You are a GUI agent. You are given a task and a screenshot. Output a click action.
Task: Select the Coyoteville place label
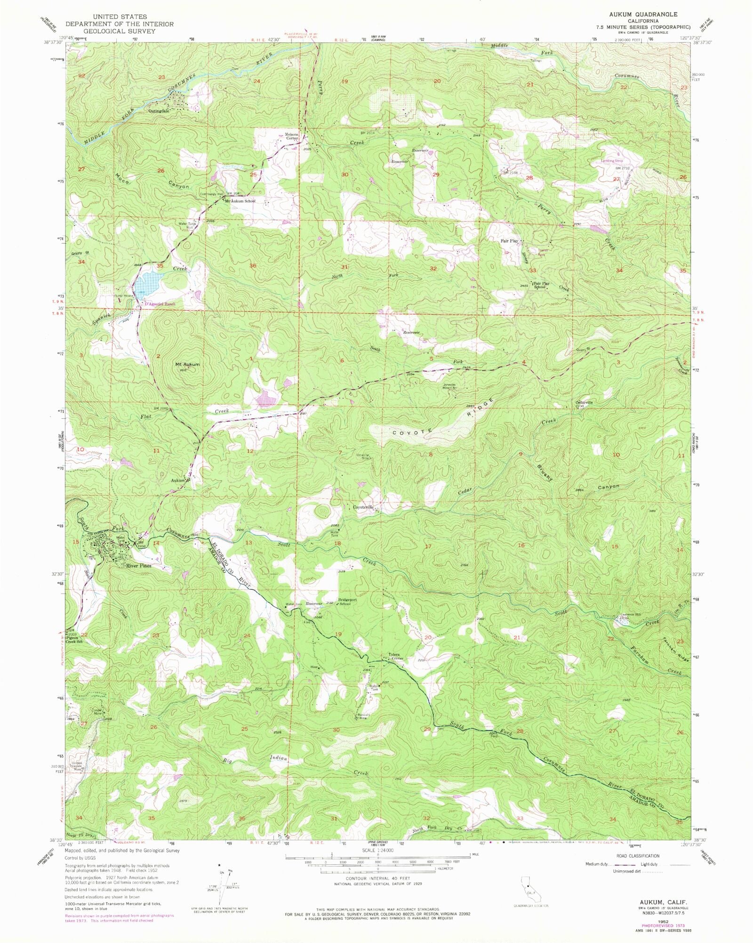(363, 507)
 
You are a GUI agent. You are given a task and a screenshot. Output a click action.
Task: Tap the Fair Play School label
(539, 285)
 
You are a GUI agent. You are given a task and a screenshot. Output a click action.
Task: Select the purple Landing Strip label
(612, 161)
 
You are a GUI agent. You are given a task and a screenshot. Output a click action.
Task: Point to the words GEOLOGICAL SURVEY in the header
(120, 31)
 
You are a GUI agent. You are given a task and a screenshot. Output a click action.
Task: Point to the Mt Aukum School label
(240, 201)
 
